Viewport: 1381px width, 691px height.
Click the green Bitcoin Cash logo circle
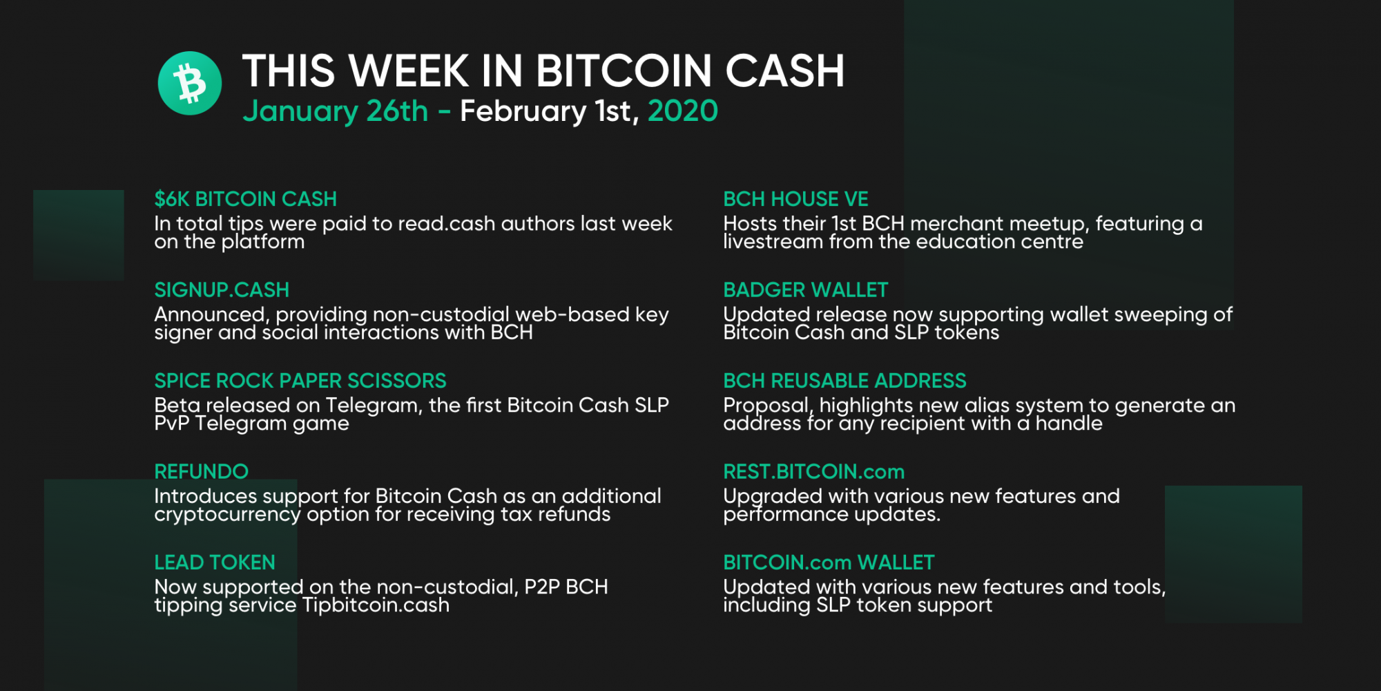click(190, 83)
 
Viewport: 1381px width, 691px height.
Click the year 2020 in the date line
click(683, 111)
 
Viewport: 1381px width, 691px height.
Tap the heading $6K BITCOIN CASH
click(245, 199)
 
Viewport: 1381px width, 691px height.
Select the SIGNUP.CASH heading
click(222, 290)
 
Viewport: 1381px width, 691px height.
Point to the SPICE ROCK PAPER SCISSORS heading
click(300, 381)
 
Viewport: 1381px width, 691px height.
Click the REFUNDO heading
click(201, 471)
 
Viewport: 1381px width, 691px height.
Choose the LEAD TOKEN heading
click(215, 562)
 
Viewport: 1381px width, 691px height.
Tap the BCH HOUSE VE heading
click(795, 199)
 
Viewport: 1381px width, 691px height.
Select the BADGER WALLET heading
click(805, 290)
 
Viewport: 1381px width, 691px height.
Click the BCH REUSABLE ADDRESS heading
click(844, 381)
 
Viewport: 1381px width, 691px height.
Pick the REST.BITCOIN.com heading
click(813, 471)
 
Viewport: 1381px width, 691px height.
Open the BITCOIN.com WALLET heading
click(829, 562)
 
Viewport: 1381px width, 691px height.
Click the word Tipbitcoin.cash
click(376, 605)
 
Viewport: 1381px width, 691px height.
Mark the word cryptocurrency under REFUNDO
click(227, 515)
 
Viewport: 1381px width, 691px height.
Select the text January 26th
click(336, 111)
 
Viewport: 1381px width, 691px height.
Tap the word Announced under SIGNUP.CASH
click(211, 315)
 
